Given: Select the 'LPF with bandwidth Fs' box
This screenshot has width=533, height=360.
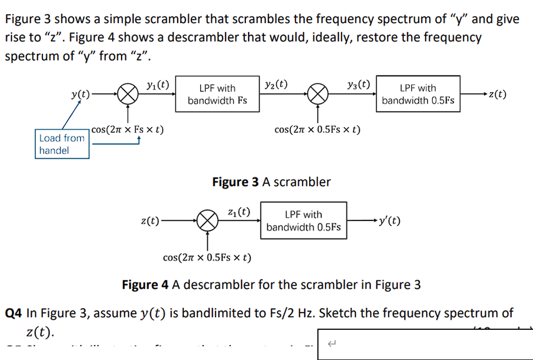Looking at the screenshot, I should tap(217, 94).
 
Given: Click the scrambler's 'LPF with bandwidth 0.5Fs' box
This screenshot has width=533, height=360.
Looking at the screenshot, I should tap(418, 94).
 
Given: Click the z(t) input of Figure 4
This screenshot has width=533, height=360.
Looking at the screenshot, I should tap(150, 221).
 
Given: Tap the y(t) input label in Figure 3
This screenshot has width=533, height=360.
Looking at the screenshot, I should tap(80, 94).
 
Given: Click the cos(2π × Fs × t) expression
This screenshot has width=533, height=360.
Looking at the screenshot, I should tap(127, 130).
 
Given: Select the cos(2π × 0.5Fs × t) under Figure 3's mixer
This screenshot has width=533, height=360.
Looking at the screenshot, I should tap(317, 130).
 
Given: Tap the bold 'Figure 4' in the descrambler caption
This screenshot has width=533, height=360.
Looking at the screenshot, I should tap(145, 285).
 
